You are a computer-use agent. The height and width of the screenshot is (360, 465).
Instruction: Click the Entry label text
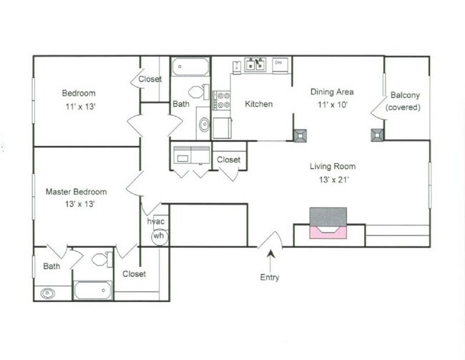(270, 277)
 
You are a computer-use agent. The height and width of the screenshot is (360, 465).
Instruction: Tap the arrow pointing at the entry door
(270, 261)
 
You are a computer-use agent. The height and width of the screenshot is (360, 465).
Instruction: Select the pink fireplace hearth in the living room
(328, 232)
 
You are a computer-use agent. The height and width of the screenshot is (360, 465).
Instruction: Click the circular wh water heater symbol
(160, 236)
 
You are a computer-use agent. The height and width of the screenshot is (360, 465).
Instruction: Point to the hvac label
(156, 221)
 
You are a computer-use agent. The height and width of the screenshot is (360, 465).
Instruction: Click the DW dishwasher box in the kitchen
(280, 64)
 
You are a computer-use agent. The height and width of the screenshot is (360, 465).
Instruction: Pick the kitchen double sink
(255, 64)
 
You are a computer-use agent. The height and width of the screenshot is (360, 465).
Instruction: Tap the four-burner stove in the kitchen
(222, 100)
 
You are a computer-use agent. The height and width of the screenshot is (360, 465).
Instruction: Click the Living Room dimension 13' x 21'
(333, 179)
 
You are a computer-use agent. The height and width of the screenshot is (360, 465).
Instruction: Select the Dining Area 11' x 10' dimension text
(333, 104)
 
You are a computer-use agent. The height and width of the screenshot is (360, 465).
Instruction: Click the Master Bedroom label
(77, 191)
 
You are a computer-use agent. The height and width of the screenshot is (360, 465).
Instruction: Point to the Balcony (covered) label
(403, 101)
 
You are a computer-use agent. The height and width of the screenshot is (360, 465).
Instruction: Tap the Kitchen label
(259, 104)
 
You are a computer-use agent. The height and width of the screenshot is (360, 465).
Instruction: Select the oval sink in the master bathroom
(47, 293)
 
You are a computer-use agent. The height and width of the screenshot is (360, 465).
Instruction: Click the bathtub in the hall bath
(190, 67)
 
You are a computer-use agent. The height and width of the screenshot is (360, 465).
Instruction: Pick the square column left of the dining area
(300, 135)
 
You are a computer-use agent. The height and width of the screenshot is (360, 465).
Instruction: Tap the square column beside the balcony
(377, 135)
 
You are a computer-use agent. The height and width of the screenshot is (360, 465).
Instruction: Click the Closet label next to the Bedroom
(150, 79)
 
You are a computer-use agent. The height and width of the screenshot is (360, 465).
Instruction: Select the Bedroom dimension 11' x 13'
(80, 106)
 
